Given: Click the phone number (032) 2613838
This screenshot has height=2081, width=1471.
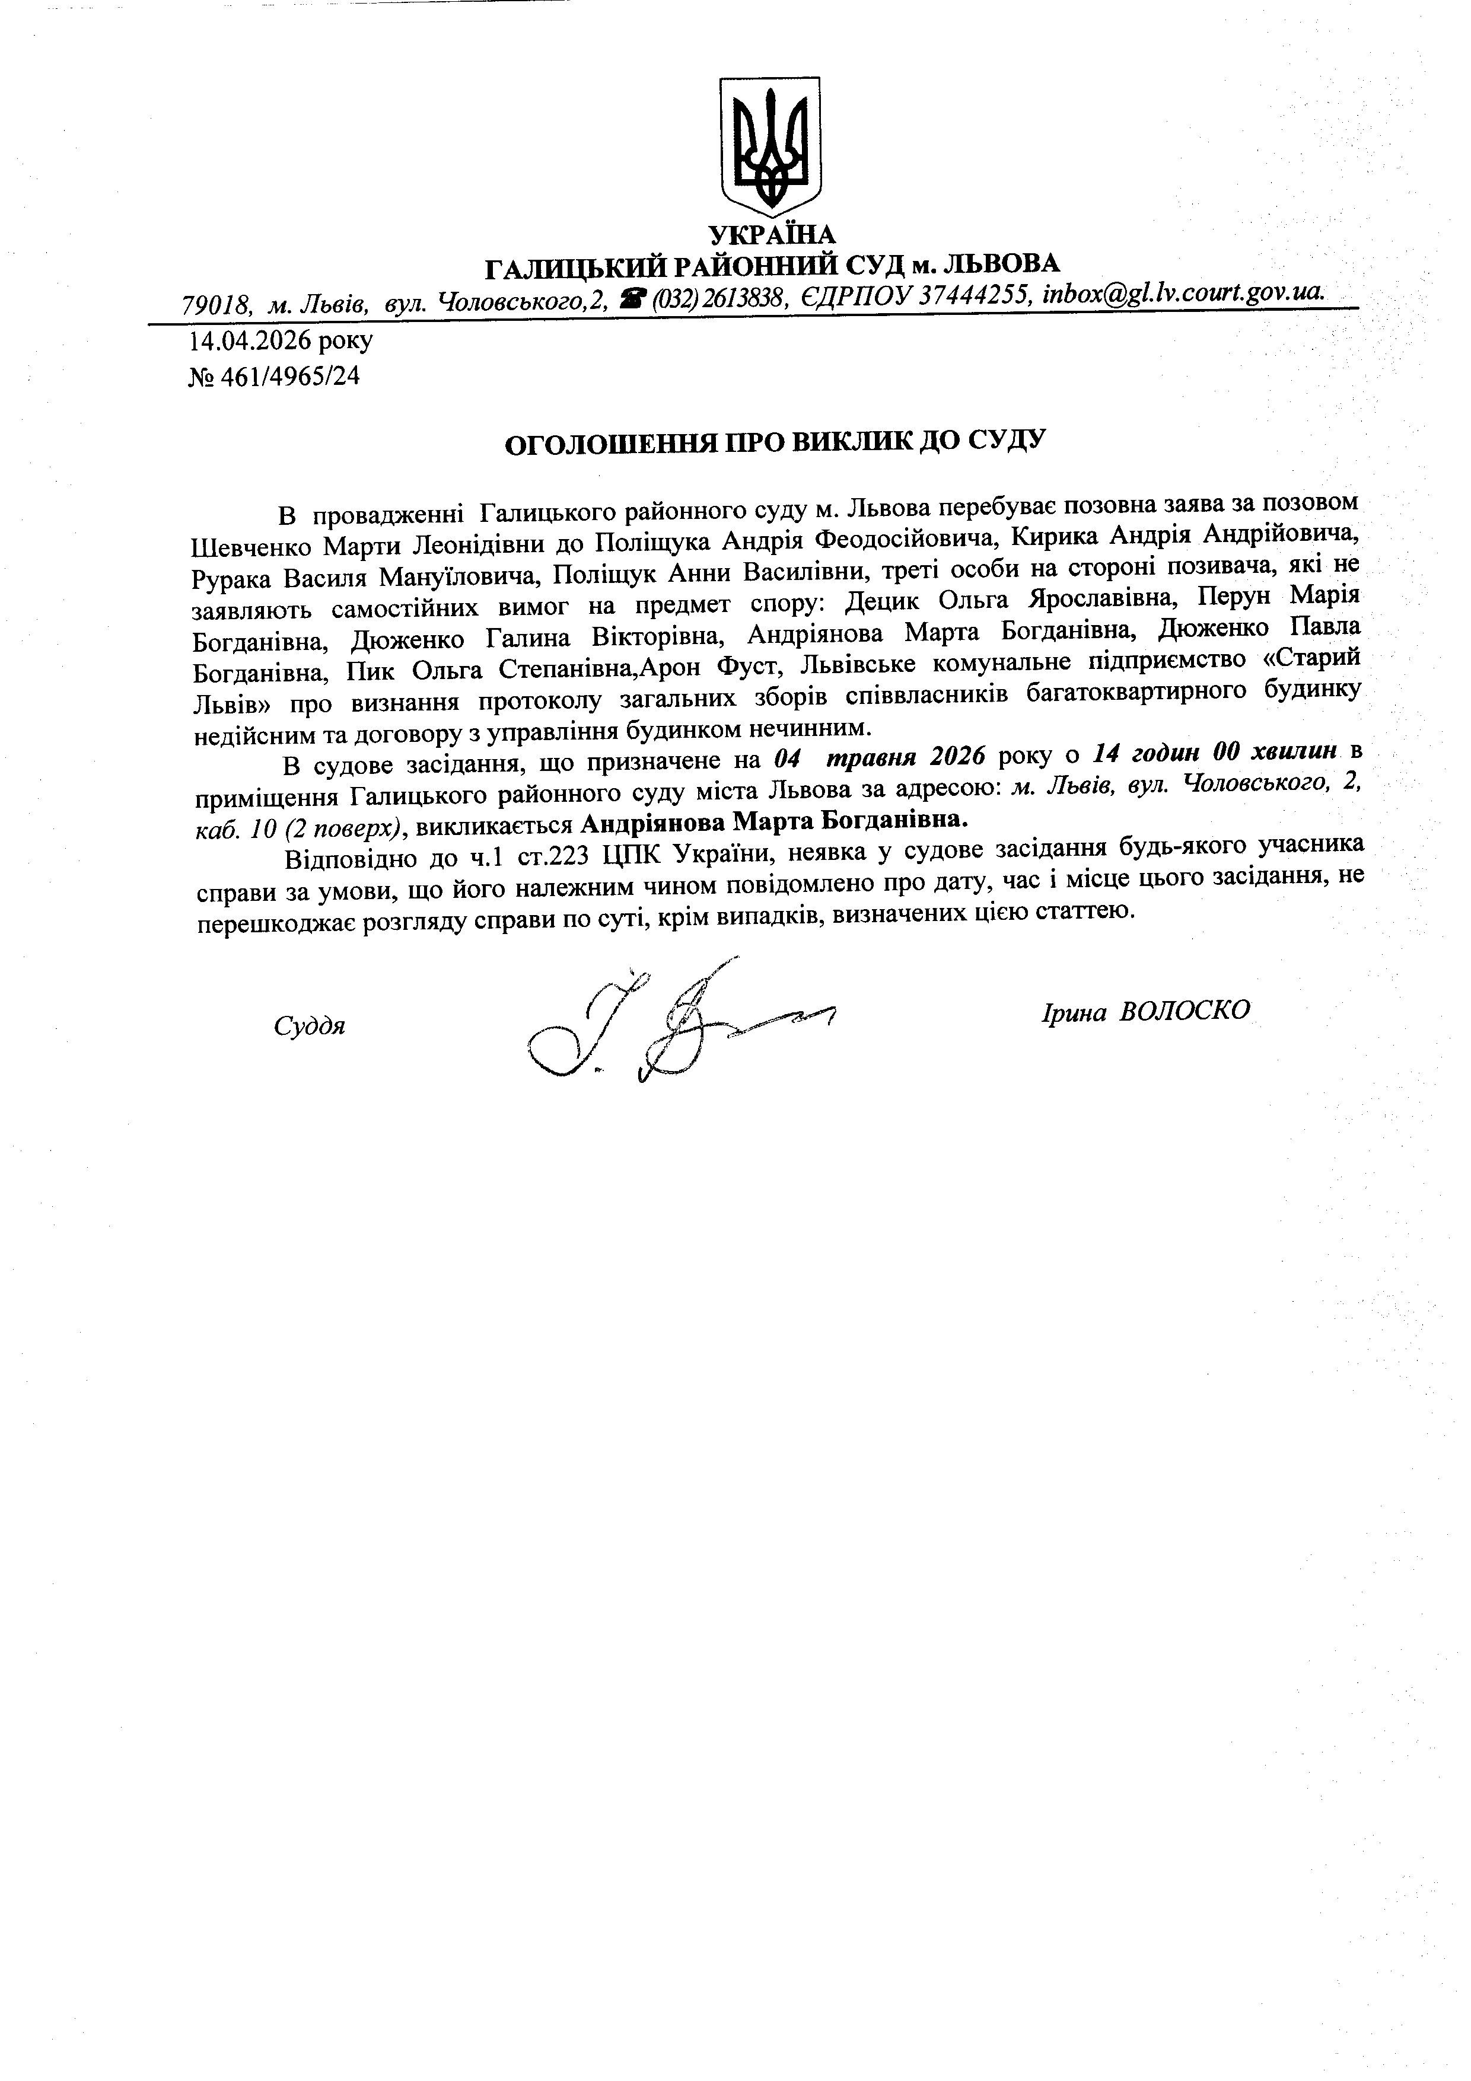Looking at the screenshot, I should [x=719, y=299].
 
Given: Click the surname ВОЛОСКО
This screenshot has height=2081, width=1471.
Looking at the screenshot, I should [x=1185, y=1012].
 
